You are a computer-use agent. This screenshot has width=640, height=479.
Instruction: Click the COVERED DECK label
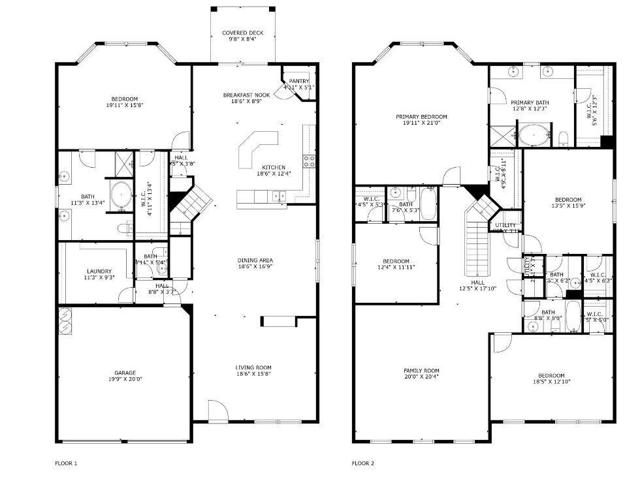(x=242, y=33)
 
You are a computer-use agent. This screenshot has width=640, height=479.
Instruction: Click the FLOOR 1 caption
(x=65, y=463)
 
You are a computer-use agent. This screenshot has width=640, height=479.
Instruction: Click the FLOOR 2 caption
(x=363, y=463)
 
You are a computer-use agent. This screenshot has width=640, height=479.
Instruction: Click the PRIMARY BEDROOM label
(x=421, y=117)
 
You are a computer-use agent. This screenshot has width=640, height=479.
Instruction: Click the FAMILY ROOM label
(x=421, y=370)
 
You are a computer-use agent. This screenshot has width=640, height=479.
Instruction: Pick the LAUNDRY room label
(x=99, y=271)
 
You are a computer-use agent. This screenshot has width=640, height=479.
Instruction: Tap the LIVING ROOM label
(x=253, y=367)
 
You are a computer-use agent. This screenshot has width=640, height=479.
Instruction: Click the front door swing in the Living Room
(x=217, y=410)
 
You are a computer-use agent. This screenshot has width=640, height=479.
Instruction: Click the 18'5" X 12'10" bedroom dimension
(x=551, y=382)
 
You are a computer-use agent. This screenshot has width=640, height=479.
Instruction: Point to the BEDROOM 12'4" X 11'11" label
(x=396, y=260)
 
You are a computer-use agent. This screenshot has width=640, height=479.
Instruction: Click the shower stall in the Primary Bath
(x=504, y=135)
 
